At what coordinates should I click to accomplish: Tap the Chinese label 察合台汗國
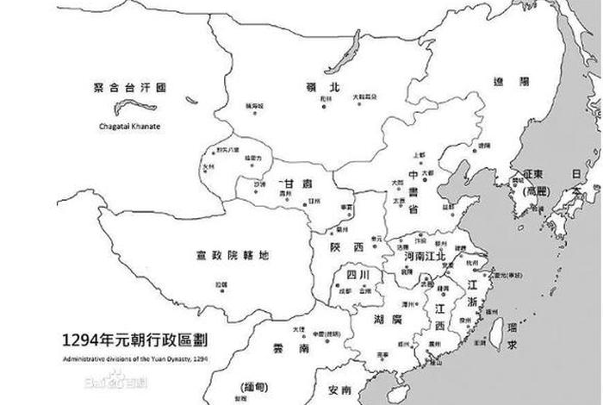pos(129,87)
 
